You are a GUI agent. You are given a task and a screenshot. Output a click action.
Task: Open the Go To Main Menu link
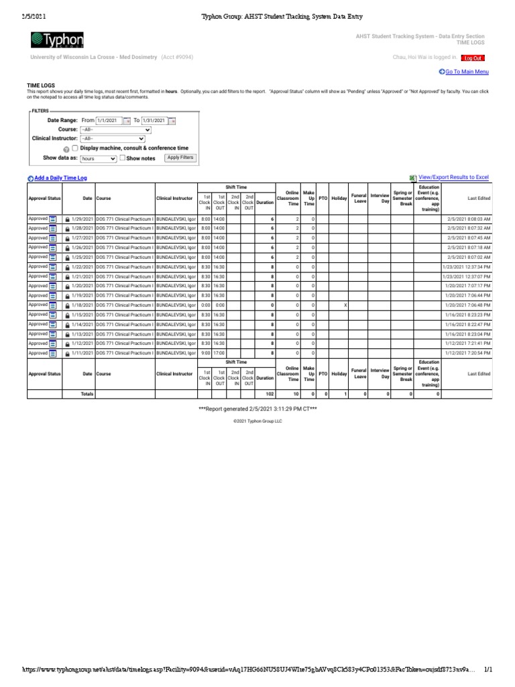pyautogui.click(x=463, y=72)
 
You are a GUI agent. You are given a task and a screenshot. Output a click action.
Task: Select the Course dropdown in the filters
pyautogui.click(x=115, y=129)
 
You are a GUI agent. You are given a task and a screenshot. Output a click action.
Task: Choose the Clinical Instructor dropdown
pyautogui.click(x=112, y=139)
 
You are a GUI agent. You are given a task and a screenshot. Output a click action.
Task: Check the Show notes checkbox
pyautogui.click(x=123, y=158)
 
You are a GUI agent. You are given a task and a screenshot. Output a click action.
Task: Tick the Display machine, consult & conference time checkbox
pyautogui.click(x=75, y=148)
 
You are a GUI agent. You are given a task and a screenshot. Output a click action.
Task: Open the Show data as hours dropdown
pyautogui.click(x=98, y=159)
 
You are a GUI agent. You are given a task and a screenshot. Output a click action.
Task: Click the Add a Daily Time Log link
pyautogui.click(x=61, y=178)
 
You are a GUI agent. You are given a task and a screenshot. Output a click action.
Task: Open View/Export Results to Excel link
pyautogui.click(x=453, y=177)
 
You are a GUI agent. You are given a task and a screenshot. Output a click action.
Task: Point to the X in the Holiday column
pyautogui.click(x=345, y=305)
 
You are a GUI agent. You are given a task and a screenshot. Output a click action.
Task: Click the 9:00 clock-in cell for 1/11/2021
pyautogui.click(x=205, y=353)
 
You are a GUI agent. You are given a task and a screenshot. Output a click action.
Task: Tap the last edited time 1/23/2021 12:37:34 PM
pyautogui.click(x=467, y=267)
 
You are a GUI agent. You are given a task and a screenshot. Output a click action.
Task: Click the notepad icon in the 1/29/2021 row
pyautogui.click(x=53, y=219)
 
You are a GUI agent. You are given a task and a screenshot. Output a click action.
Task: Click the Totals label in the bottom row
pyautogui.click(x=87, y=394)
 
